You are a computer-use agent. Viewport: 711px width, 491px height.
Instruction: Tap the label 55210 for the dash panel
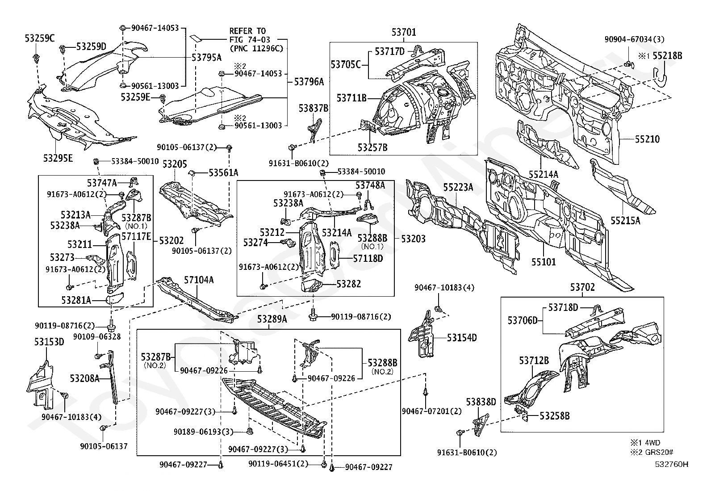[x=647, y=139]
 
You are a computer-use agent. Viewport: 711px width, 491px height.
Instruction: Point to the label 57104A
[x=199, y=280]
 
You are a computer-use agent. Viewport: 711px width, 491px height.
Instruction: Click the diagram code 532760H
[x=672, y=465]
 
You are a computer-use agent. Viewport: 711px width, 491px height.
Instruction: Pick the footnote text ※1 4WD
[x=645, y=442]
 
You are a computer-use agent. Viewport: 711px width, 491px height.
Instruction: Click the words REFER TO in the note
[x=247, y=31]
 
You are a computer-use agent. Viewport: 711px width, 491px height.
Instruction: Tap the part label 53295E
[x=58, y=158]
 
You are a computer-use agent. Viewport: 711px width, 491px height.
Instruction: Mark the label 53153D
[x=49, y=342]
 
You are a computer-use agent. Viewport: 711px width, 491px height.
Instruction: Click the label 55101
[x=543, y=261]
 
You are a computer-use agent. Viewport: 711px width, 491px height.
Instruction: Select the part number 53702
[x=581, y=287]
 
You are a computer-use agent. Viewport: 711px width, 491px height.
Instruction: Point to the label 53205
[x=174, y=164]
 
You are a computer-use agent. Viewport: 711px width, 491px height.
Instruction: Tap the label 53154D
[x=462, y=338]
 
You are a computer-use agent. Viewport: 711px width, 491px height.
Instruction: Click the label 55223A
[x=458, y=187]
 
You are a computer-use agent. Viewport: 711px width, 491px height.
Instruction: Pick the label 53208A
[x=84, y=378]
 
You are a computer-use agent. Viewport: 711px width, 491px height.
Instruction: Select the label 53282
[x=348, y=284]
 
